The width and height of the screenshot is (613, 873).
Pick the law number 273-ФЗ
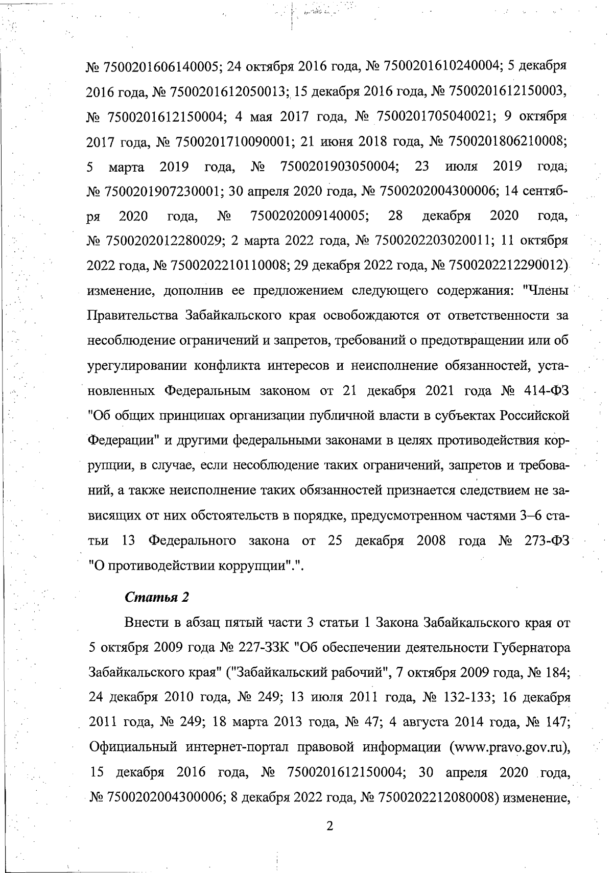[x=546, y=540]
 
